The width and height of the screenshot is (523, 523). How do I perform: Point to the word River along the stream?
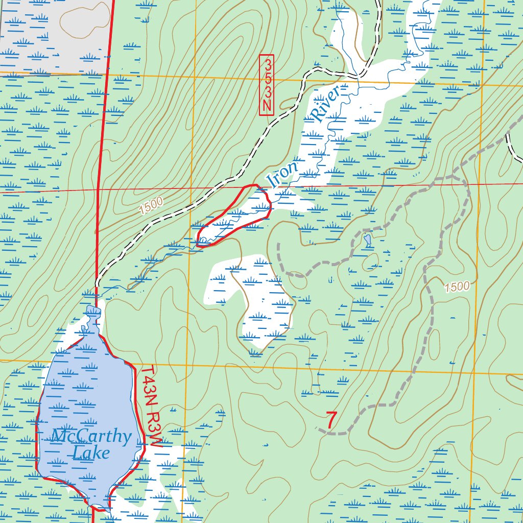[x=325, y=105]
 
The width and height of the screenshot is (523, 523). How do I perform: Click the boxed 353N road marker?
[x=267, y=85]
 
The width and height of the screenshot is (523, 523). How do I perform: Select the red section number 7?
[x=331, y=420]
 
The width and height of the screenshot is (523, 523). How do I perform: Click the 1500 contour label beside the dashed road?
[x=150, y=204]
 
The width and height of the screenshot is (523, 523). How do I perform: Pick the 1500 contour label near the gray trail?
[x=456, y=287]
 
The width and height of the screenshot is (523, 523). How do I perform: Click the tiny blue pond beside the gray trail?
[x=367, y=240]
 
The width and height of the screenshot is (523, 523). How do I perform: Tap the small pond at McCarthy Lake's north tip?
[x=92, y=311]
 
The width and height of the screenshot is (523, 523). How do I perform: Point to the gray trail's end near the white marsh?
[x=279, y=244]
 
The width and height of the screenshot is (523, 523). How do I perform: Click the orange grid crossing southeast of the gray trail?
[x=473, y=373]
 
